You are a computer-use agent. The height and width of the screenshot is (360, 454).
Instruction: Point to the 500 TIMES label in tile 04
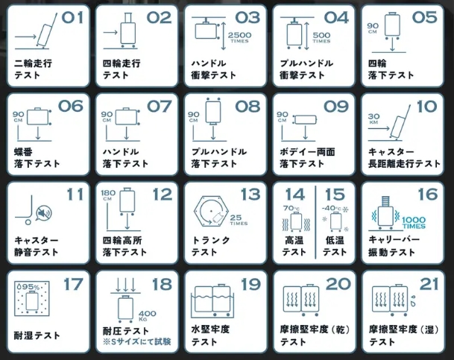click(x=322, y=37)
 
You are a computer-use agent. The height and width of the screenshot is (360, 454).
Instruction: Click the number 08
click(x=248, y=106)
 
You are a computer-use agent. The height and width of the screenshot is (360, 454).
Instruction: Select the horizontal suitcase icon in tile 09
click(x=306, y=119)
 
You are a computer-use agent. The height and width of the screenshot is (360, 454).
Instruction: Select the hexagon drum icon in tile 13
click(x=213, y=213)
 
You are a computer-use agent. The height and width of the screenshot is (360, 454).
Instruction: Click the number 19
click(x=248, y=283)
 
